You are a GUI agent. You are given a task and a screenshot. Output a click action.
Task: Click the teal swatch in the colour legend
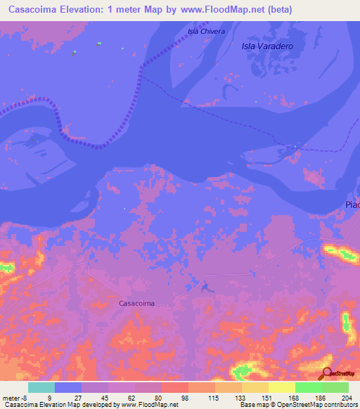[41, 387]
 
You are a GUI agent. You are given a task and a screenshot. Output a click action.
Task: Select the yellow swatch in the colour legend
[281, 387]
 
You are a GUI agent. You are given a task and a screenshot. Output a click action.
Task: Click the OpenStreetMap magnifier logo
[326, 373]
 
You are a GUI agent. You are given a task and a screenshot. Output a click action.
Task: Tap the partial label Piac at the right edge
[352, 204]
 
